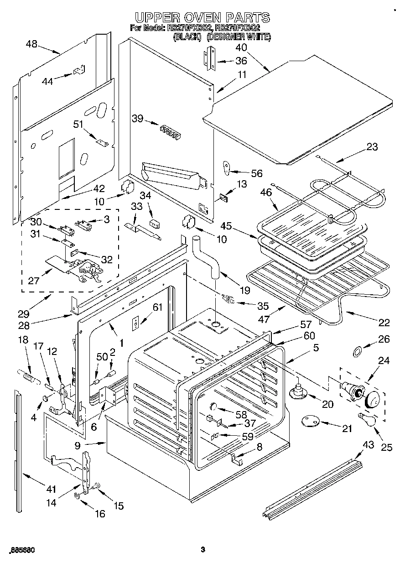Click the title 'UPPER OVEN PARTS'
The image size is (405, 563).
tap(202, 18)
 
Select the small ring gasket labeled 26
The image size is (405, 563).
tap(358, 351)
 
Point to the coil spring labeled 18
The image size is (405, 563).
tap(28, 376)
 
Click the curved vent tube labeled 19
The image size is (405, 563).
tap(206, 258)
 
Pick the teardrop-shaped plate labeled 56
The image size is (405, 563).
tap(227, 168)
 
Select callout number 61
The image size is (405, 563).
tap(157, 308)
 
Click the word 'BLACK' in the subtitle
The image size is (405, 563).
tap(187, 37)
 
